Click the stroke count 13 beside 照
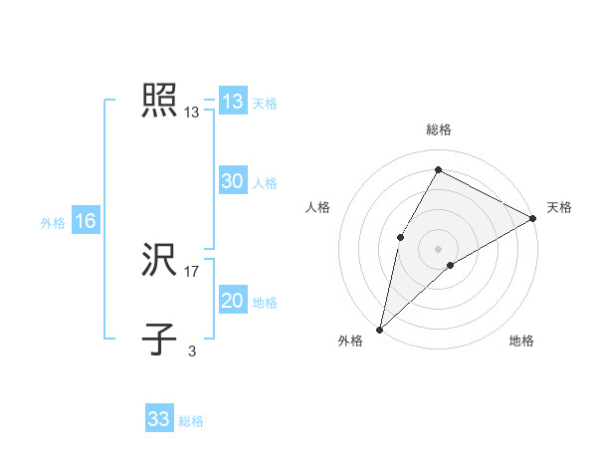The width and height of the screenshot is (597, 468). click(x=192, y=114)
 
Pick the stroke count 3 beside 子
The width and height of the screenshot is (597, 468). click(x=191, y=351)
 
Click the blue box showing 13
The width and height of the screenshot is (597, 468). click(x=232, y=102)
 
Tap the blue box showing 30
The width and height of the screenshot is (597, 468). click(x=232, y=181)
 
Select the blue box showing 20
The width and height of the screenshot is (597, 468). click(x=232, y=301)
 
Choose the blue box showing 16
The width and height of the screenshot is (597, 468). click(x=85, y=221)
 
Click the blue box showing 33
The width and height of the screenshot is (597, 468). click(x=158, y=419)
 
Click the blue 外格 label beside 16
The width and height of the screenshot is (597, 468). click(x=53, y=223)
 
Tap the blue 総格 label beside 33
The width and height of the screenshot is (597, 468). click(x=191, y=421)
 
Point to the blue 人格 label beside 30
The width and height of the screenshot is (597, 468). click(x=265, y=183)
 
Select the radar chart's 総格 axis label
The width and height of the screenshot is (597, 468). click(x=438, y=130)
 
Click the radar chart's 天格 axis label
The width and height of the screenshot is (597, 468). click(x=559, y=207)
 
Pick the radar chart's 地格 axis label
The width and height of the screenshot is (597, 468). click(x=521, y=342)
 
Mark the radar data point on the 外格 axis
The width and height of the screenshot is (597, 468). click(x=379, y=329)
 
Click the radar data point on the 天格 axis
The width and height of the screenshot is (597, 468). click(x=533, y=218)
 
